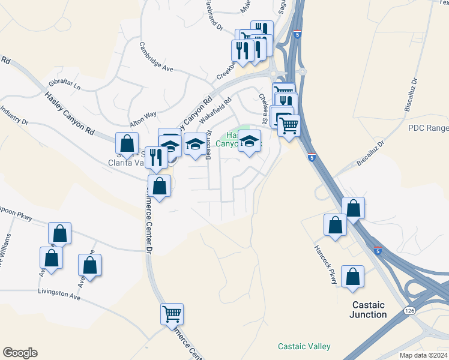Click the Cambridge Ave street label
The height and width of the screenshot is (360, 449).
(x=156, y=56)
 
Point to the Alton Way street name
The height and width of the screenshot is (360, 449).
(x=143, y=113)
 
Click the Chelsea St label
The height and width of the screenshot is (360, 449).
(x=264, y=104)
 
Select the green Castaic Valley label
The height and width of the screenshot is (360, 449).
(x=304, y=346)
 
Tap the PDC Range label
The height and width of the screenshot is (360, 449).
(x=429, y=128)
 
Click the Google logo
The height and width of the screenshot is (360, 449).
(x=20, y=353)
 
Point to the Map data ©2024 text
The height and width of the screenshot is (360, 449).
(x=423, y=355)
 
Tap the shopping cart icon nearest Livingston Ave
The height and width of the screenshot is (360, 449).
(x=172, y=313)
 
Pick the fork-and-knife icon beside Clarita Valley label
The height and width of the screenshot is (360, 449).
(x=156, y=157)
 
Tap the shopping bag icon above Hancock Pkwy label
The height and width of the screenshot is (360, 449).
(x=335, y=224)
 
